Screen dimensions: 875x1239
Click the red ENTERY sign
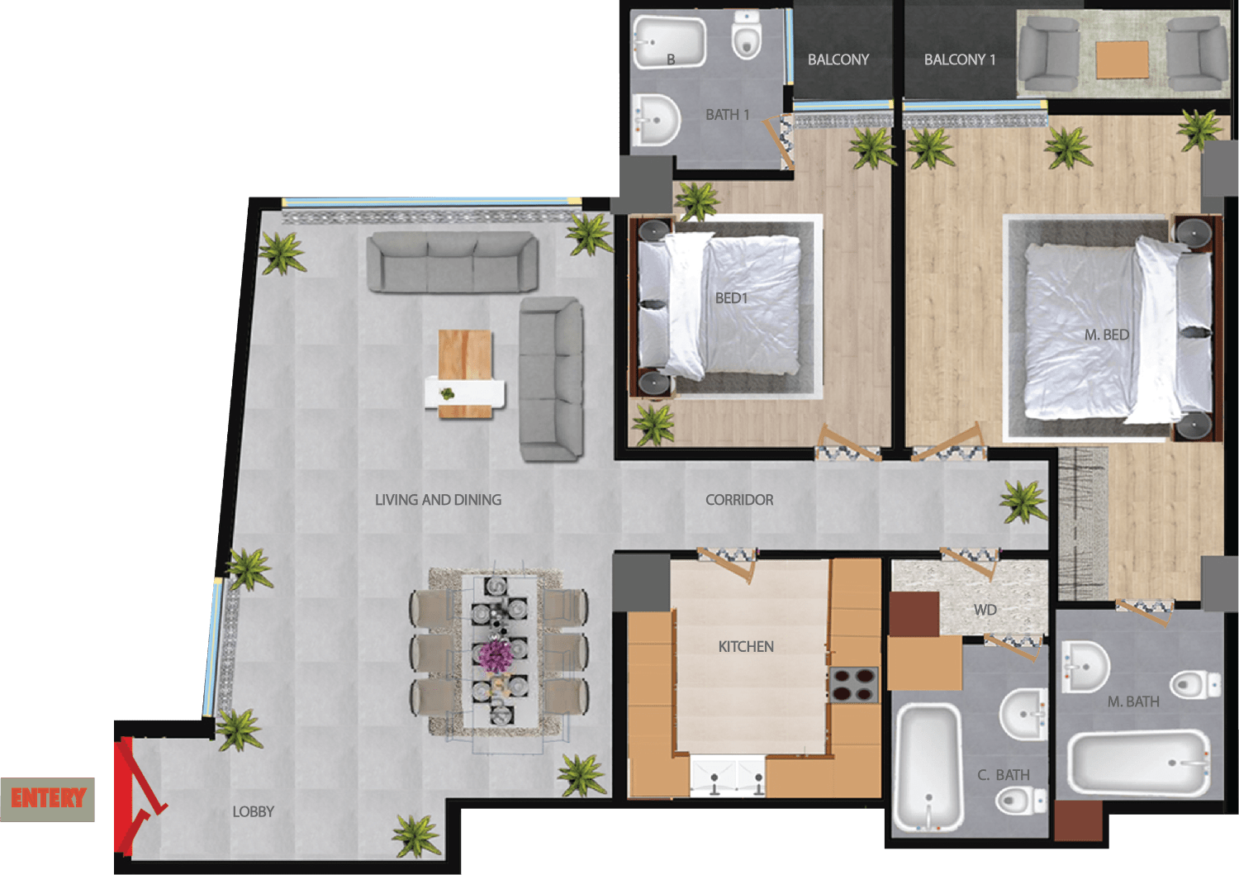pyautogui.click(x=48, y=798)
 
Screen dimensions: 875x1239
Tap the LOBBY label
pyautogui.click(x=253, y=811)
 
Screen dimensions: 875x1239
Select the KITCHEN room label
pyautogui.click(x=746, y=646)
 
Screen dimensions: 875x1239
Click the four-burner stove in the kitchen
pyautogui.click(x=853, y=685)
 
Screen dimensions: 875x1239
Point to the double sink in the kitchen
pyautogui.click(x=728, y=777)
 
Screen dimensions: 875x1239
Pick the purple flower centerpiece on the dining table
pyautogui.click(x=496, y=655)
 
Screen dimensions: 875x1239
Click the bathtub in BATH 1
pyautogui.click(x=669, y=41)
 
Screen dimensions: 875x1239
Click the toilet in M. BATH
pyautogui.click(x=1194, y=684)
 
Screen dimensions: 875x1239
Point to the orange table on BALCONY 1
pyautogui.click(x=1122, y=59)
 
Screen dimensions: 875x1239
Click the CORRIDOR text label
pyautogui.click(x=739, y=500)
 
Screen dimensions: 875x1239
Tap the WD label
pyautogui.click(x=985, y=610)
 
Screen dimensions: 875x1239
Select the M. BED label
pyautogui.click(x=1106, y=335)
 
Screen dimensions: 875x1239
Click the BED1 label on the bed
pyautogui.click(x=731, y=297)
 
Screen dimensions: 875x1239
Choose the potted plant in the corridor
pyautogui.click(x=1023, y=502)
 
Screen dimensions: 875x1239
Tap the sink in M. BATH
pyautogui.click(x=1085, y=666)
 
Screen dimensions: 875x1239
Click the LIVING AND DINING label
pyautogui.click(x=438, y=500)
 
